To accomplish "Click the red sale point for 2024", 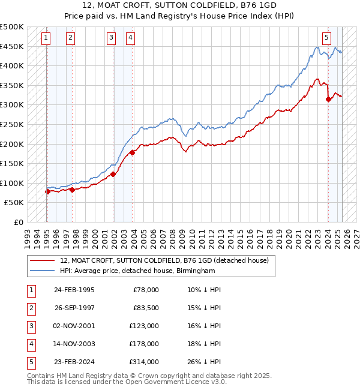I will tap(328, 100).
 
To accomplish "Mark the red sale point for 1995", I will tap(47, 192).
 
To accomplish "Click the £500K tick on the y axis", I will tap(12, 27).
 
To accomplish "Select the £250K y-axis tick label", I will tap(12, 124).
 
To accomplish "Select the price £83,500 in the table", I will tap(146, 308).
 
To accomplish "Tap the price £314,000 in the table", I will tap(145, 362).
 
